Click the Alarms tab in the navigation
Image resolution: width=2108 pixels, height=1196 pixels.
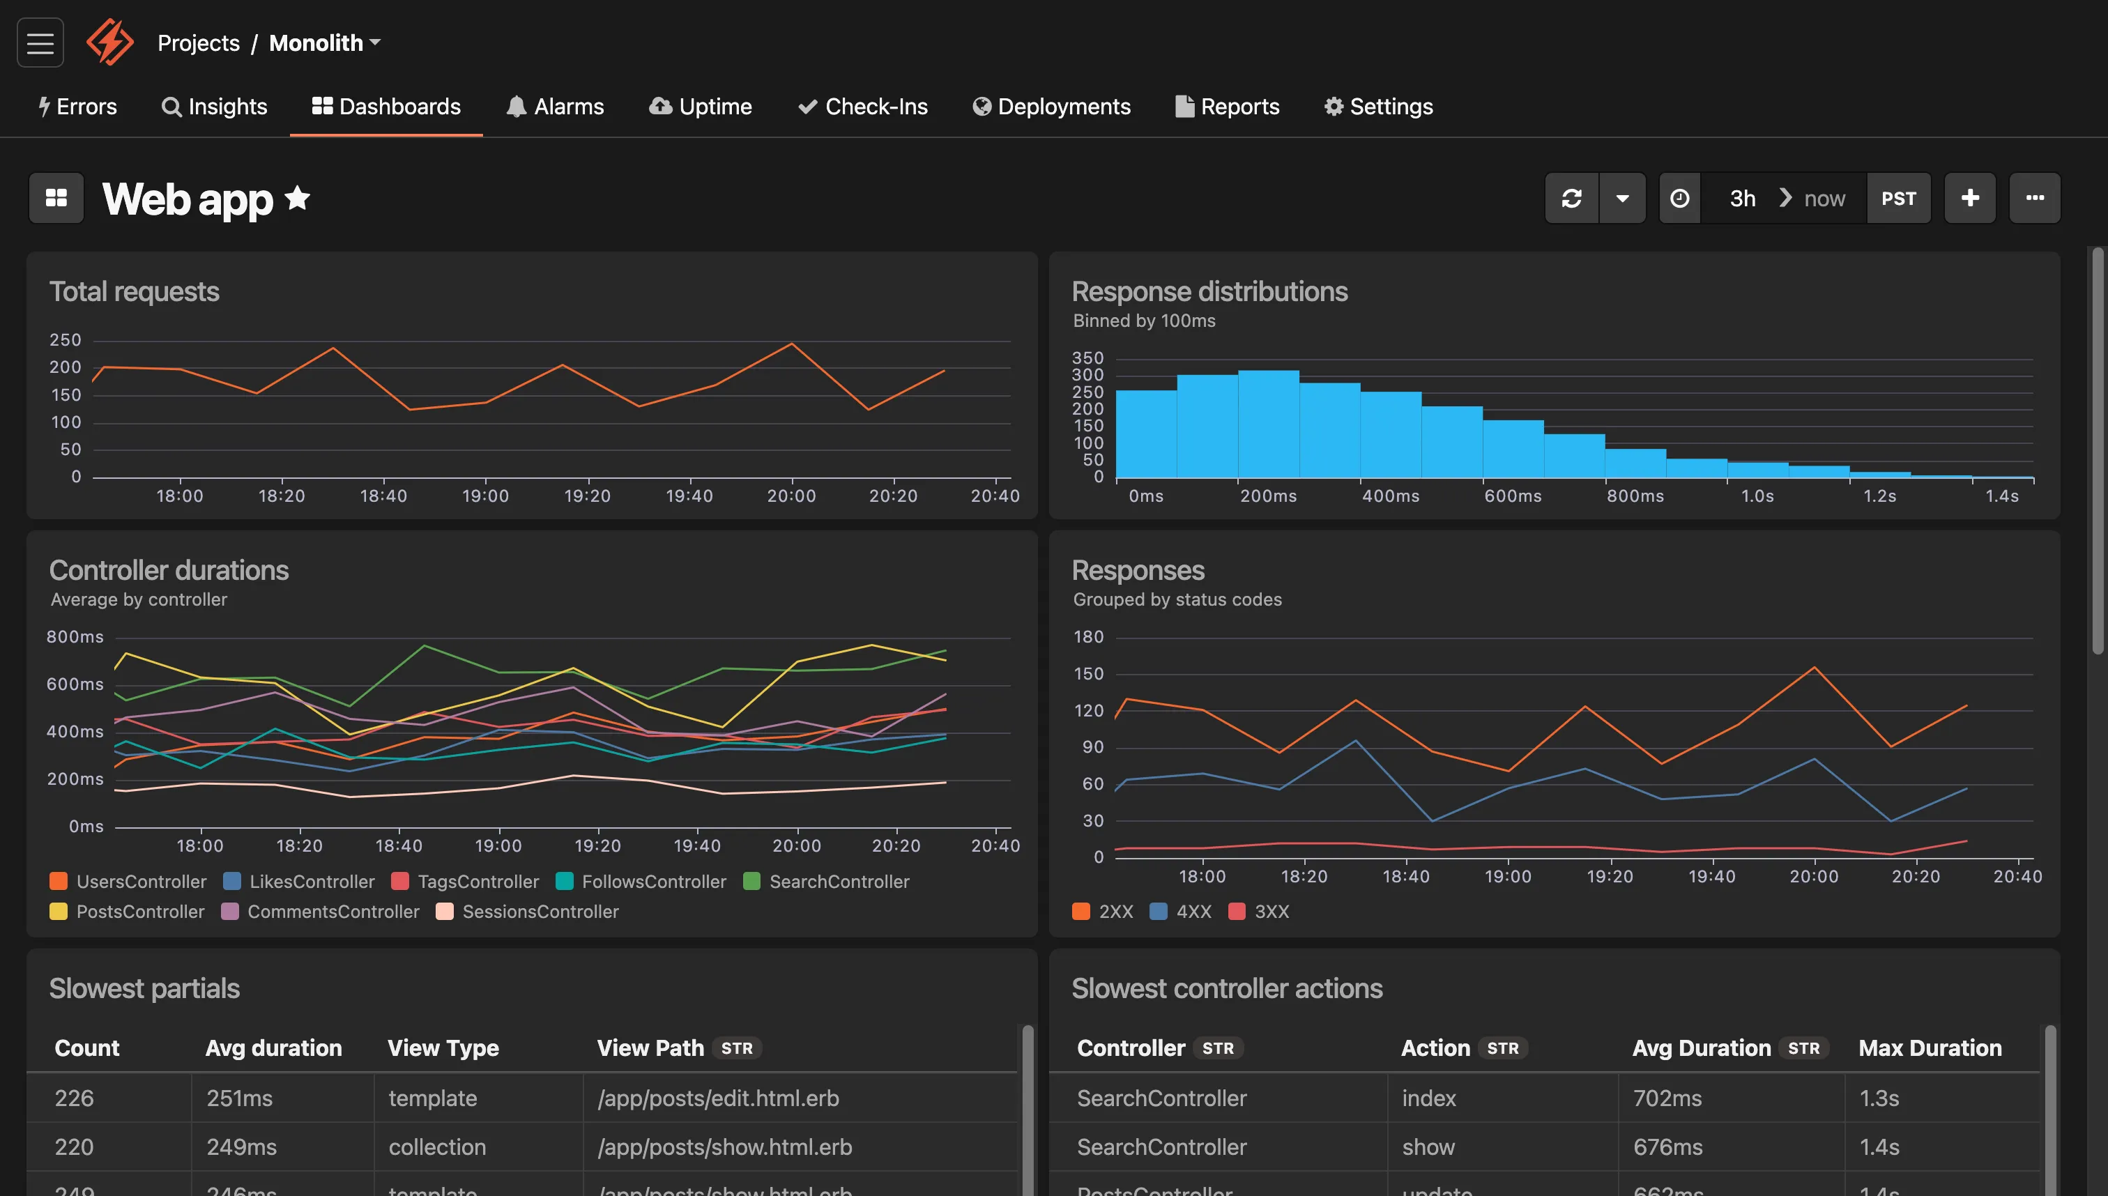pos(556,107)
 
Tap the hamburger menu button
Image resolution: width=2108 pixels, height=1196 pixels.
pos(40,43)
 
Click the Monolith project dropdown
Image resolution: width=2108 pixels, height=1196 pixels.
pos(325,43)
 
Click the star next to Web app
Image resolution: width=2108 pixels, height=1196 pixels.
pos(298,198)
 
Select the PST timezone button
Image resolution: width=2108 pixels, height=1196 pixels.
pos(1897,199)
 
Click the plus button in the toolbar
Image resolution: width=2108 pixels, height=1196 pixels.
pos(1969,198)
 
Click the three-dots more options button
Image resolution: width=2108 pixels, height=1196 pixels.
pos(2034,198)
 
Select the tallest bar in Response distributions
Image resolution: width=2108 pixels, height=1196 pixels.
pos(1267,424)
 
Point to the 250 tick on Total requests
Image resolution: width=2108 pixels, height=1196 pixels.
pos(65,340)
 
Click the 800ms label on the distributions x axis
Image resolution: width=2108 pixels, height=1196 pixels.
pos(1635,496)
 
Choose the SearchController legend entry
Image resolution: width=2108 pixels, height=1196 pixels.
pos(827,882)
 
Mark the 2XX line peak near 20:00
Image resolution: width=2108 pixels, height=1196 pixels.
pos(1814,668)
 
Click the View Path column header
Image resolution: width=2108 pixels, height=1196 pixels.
pos(650,1048)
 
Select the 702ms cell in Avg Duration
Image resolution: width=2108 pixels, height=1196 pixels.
pos(1667,1098)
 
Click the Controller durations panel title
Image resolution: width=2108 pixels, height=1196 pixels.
pos(169,570)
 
